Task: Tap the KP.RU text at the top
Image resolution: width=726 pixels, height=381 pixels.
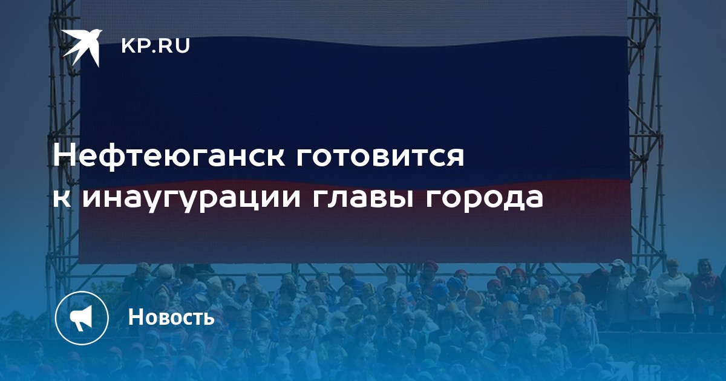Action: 155,46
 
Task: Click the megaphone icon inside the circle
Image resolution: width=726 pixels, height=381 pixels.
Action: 81,317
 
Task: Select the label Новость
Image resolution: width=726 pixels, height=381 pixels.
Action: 171,317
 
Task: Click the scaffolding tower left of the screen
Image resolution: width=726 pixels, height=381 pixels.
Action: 64,136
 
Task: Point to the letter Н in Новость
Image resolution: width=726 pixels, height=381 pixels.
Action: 136,317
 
